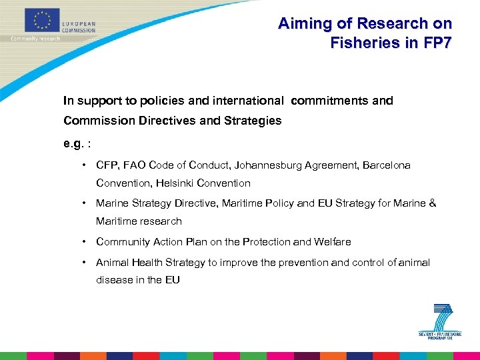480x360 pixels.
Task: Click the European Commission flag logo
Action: [x=43, y=20]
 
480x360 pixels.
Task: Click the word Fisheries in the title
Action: [x=363, y=43]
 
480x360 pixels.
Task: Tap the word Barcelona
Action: [x=387, y=165]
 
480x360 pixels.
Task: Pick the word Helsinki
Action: [x=175, y=183]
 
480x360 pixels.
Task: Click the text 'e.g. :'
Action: [x=77, y=143]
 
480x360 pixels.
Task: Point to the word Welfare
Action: [x=332, y=241]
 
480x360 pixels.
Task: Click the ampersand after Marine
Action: [x=433, y=203]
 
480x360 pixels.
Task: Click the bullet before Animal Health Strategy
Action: [x=85, y=262]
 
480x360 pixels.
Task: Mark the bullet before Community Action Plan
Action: [x=85, y=241]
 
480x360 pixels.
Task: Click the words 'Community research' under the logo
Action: [x=35, y=39]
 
